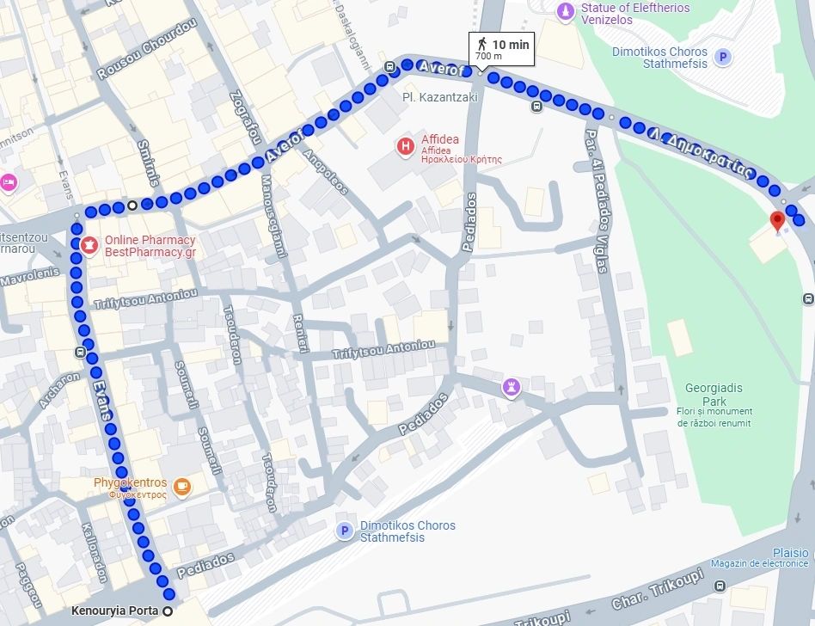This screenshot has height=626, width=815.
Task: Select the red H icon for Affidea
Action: pos(405,146)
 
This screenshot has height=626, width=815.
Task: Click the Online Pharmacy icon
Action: pos(89,246)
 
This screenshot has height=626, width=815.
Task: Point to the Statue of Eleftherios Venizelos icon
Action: pos(564,11)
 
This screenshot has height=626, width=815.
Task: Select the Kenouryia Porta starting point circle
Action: pos(168,611)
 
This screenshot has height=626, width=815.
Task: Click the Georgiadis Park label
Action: pos(714,395)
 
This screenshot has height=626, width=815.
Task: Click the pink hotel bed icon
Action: pos(8,181)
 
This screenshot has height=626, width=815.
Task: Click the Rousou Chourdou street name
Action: pos(147,50)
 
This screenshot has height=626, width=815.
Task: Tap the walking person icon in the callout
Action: pos(482,43)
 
